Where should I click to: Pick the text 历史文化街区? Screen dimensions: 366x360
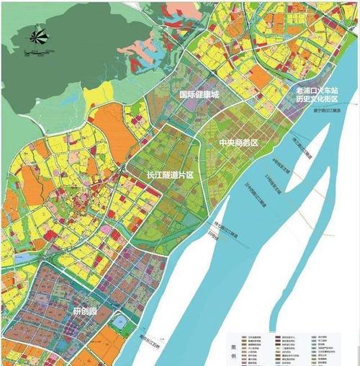317,102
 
